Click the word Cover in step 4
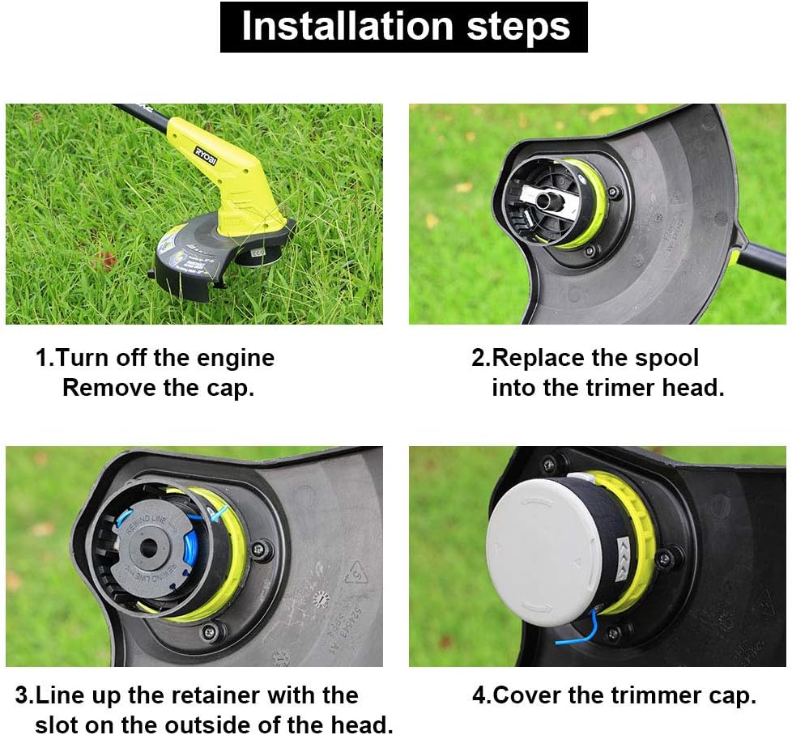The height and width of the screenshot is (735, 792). (527, 695)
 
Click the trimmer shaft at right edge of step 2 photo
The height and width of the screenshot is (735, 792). (765, 259)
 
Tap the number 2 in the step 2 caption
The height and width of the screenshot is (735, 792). (479, 358)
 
